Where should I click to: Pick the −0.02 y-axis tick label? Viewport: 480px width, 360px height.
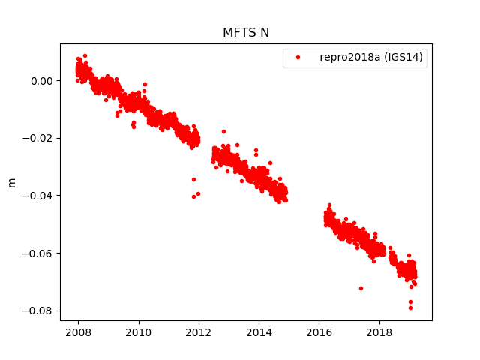pos(40,138)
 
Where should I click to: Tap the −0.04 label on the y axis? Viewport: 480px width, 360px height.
pos(40,196)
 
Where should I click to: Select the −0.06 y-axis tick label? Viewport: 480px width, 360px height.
pos(40,253)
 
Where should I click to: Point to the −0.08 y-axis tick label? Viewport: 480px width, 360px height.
pos(40,310)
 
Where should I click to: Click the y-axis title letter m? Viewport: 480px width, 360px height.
pos(11,182)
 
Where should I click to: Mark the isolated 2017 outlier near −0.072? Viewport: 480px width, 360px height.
pos(361,288)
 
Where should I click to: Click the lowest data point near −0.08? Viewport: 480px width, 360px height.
pos(410,307)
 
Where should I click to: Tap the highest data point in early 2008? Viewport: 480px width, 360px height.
pos(85,55)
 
